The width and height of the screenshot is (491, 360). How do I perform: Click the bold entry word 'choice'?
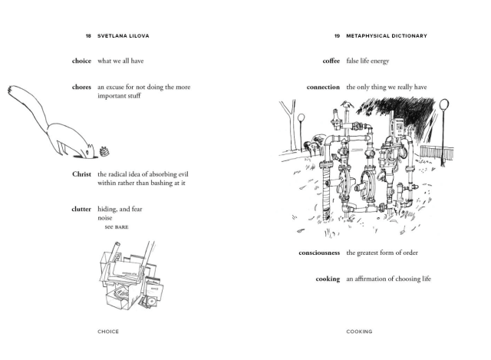click(81, 61)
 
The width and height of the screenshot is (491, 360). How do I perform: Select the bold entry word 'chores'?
click(81, 87)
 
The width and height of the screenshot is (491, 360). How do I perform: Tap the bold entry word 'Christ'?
click(81, 174)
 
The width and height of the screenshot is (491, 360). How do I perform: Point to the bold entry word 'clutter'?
click(81, 209)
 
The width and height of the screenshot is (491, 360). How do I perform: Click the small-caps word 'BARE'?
click(121, 227)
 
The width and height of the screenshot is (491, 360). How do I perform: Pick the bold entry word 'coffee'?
click(331, 61)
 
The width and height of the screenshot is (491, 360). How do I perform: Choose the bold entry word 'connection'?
click(323, 87)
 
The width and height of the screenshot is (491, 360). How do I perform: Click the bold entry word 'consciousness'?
click(319, 253)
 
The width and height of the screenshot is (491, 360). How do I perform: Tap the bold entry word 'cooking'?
click(328, 279)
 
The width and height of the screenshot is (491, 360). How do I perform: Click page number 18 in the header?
click(88, 36)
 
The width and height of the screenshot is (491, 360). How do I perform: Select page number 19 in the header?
click(337, 36)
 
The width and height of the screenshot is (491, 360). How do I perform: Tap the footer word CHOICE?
click(108, 332)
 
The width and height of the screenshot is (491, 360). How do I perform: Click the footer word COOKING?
click(359, 332)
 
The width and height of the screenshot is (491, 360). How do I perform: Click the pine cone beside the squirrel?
click(104, 152)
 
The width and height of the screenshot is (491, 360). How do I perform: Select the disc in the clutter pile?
click(152, 301)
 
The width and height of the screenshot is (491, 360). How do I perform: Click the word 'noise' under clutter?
click(104, 218)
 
